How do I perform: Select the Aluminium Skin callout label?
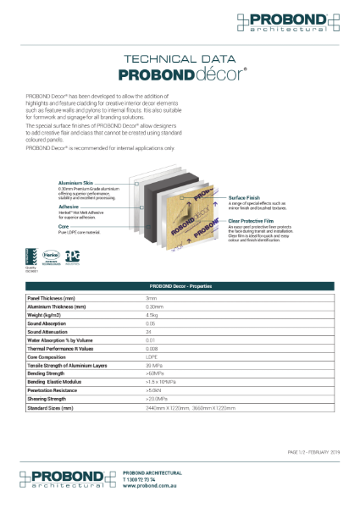tap(75, 181)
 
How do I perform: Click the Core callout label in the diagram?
tap(64, 226)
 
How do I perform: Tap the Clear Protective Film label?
tap(253, 219)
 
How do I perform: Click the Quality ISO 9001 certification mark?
tap(30, 256)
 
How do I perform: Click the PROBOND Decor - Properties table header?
tap(180, 286)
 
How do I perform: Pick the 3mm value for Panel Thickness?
tap(152, 299)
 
